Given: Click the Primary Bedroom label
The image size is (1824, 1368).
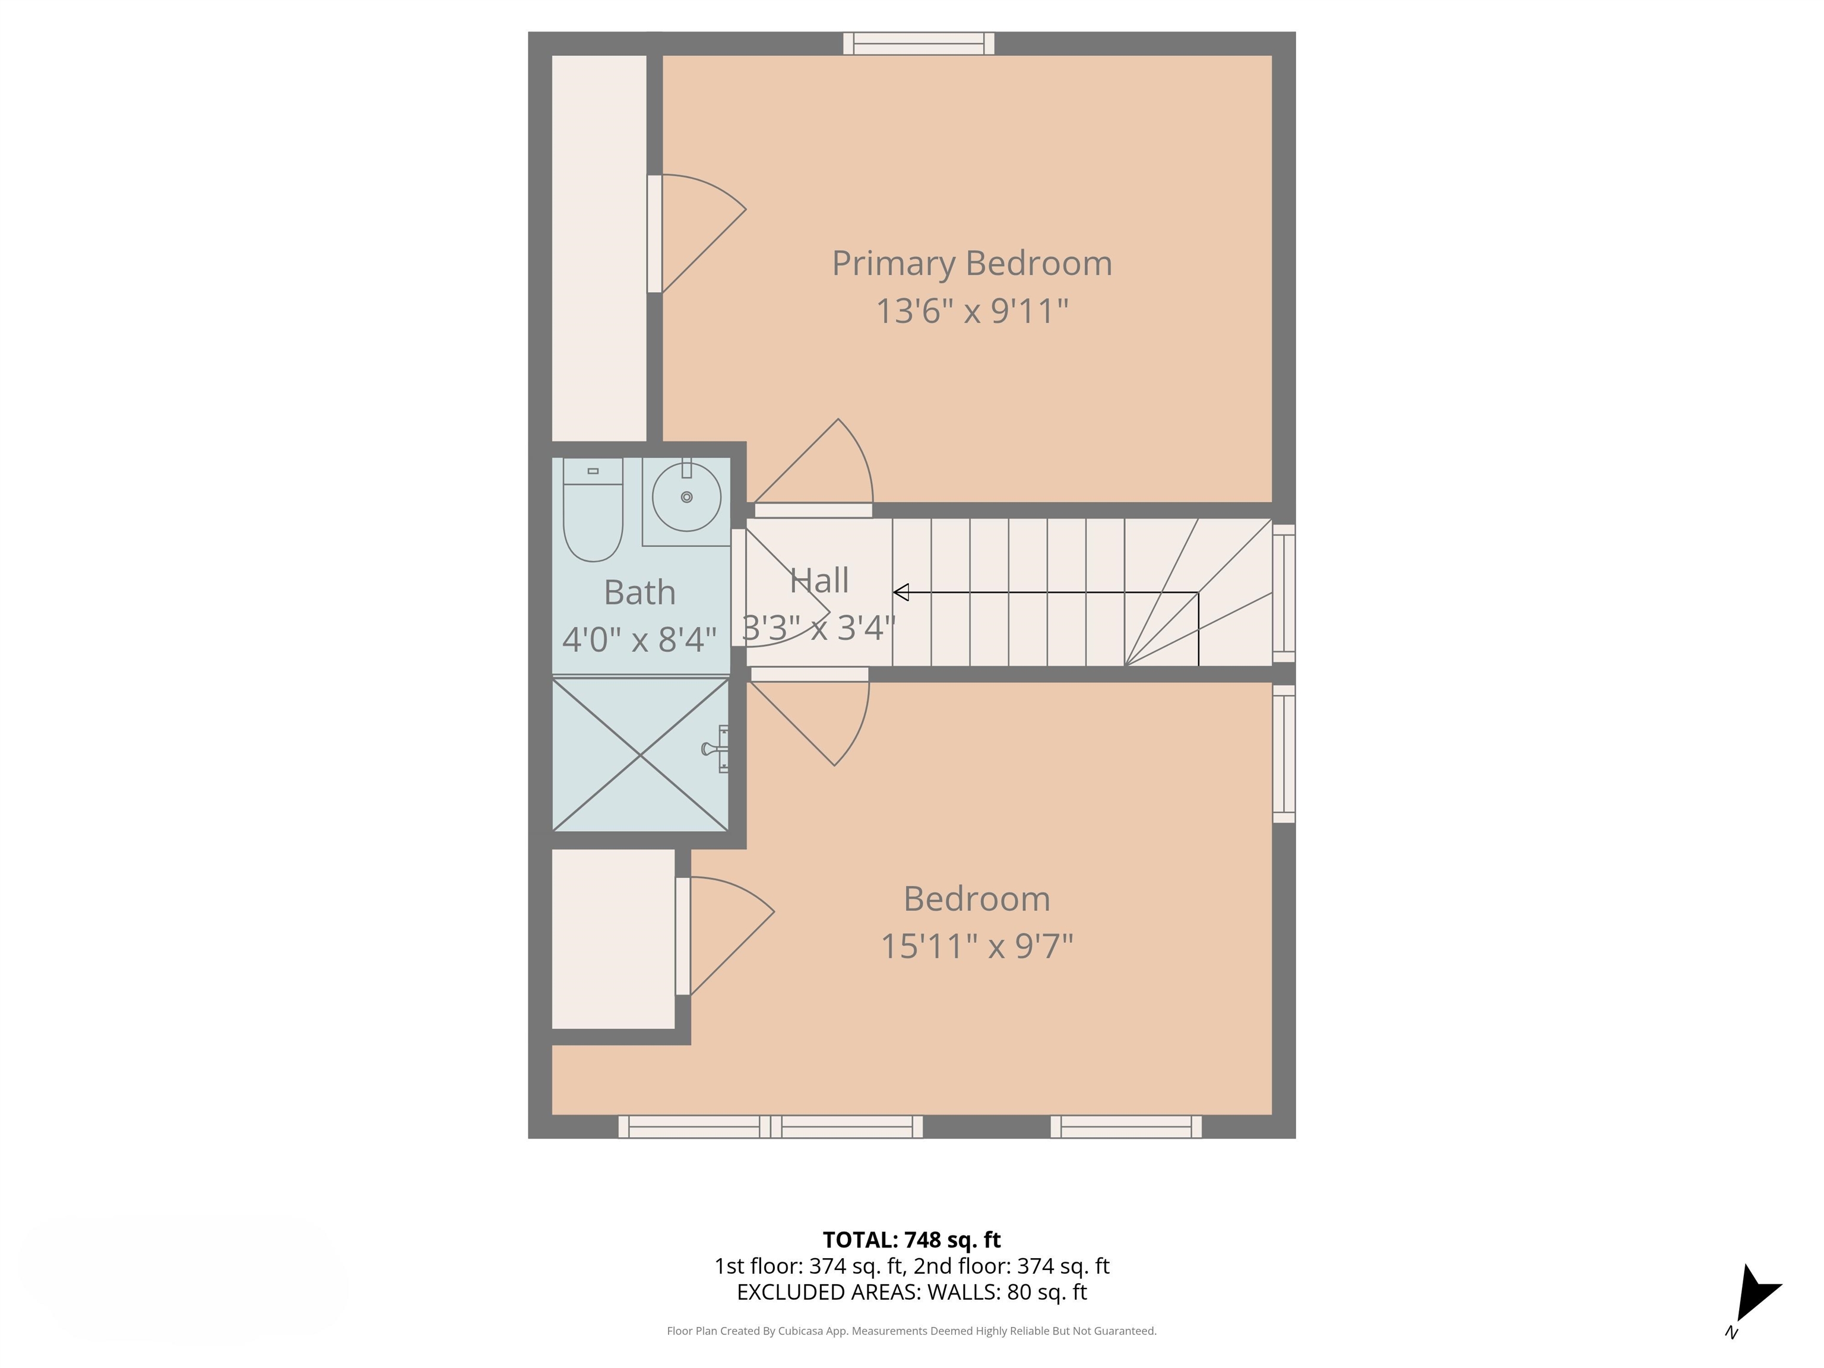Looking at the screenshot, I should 971,263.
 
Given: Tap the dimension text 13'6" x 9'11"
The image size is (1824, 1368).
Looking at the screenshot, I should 971,312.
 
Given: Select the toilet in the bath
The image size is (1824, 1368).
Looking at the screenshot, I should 592,511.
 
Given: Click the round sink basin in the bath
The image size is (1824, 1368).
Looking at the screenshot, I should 686,497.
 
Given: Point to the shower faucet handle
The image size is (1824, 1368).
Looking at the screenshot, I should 711,749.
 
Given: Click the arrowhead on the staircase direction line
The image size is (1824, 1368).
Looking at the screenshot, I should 901,592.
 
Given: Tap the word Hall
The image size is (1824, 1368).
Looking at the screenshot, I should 819,581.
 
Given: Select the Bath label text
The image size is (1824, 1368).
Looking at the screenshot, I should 639,592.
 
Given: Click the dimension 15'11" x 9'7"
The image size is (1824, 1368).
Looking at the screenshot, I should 976,946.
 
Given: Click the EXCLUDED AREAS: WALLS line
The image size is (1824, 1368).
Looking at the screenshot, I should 911,1292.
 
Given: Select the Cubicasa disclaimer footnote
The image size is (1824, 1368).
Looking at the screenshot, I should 911,1331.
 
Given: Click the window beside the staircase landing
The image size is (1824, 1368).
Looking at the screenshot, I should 1284,593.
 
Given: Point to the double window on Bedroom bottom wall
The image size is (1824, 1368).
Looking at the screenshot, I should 770,1126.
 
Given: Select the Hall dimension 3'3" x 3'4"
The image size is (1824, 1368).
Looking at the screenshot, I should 818,628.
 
